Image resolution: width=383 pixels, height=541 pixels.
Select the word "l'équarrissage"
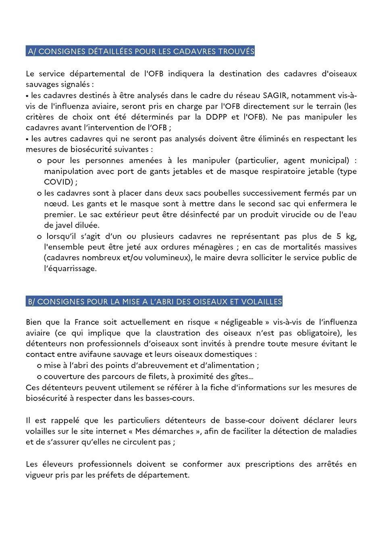70,268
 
